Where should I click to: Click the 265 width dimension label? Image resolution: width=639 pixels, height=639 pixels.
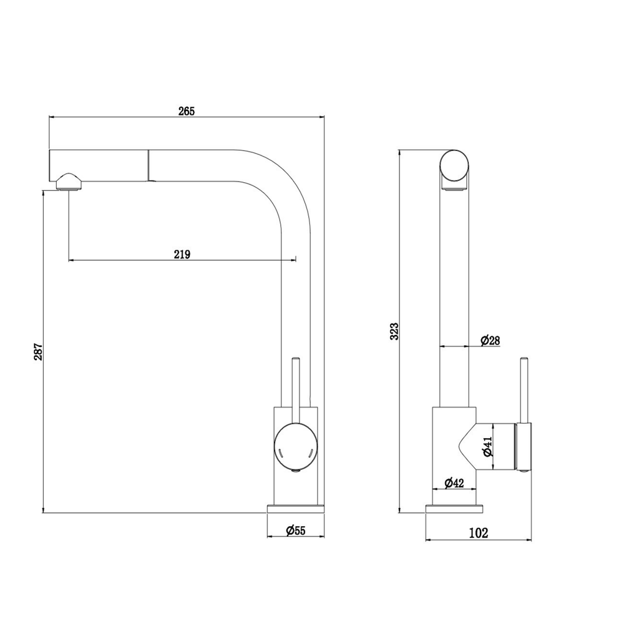pos(187,111)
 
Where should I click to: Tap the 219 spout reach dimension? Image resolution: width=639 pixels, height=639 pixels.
pos(182,255)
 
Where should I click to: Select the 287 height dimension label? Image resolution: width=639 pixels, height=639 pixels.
pos(38,352)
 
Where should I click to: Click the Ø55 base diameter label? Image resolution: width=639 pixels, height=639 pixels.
pos(295,530)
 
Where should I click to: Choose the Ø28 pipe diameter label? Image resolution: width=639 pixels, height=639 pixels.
pos(490,340)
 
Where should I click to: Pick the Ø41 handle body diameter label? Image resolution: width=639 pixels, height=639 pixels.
pos(488,446)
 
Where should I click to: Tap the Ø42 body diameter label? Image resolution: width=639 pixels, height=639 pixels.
pos(454,483)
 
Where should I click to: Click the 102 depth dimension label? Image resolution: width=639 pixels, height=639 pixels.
pos(479,533)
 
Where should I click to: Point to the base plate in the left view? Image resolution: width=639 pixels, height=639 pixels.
pos(295,509)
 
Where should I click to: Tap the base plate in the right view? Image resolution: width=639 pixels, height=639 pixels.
pos(454,509)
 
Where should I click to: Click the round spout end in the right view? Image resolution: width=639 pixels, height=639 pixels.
pos(454,166)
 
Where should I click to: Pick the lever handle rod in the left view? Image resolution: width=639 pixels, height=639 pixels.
pos(296,391)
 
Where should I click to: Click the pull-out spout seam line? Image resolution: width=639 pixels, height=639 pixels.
pos(149,165)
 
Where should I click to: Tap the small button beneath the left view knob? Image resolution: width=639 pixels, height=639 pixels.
pos(296,471)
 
